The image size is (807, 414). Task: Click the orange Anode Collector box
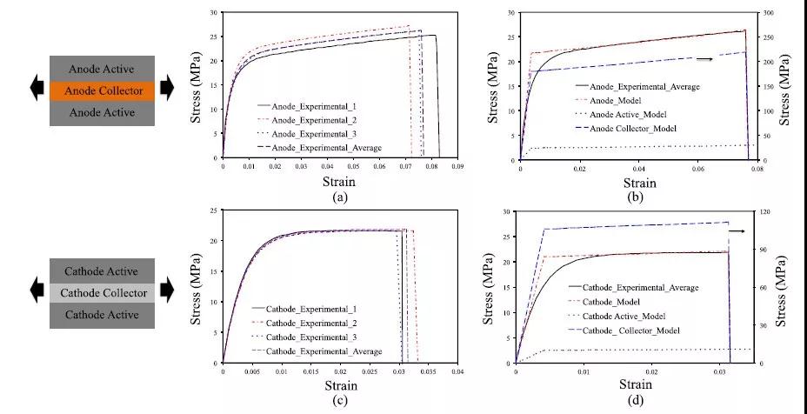(102, 90)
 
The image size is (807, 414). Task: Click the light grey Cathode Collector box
(102, 292)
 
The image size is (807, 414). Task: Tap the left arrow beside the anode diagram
(37, 90)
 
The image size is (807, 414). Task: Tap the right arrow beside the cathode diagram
(167, 292)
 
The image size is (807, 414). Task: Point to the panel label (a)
(340, 197)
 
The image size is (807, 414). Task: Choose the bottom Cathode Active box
(102, 315)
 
